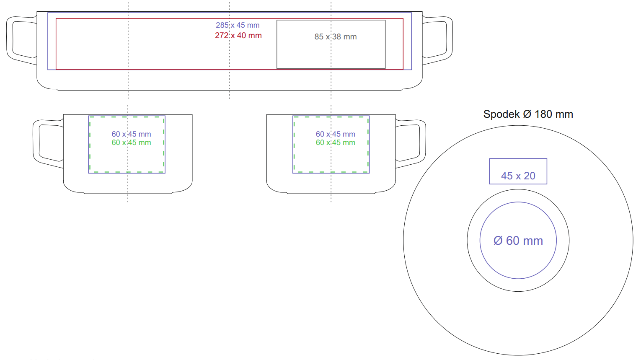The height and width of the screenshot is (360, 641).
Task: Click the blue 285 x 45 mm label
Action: click(238, 25)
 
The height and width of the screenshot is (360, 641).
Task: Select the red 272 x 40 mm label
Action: click(238, 36)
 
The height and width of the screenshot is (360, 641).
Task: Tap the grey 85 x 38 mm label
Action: click(336, 37)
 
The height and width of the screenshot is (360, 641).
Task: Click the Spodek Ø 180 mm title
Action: click(528, 114)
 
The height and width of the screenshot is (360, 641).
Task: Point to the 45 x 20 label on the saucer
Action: click(518, 176)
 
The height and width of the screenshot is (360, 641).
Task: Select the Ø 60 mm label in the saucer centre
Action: click(518, 241)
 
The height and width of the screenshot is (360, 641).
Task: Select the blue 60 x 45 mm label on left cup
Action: click(131, 134)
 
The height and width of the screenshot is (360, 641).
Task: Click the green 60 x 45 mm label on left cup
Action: click(131, 143)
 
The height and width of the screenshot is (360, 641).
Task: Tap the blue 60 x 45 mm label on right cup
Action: click(335, 134)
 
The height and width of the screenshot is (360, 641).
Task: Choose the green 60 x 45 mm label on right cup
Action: click(335, 143)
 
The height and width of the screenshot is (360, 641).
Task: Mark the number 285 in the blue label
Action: click(222, 25)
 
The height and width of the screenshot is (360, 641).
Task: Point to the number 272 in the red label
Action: click(222, 36)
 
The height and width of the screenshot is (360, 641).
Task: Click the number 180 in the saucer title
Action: click(543, 114)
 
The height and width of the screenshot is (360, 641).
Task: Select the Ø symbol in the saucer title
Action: click(527, 114)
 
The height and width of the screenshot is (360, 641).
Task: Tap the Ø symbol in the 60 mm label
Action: click(498, 241)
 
